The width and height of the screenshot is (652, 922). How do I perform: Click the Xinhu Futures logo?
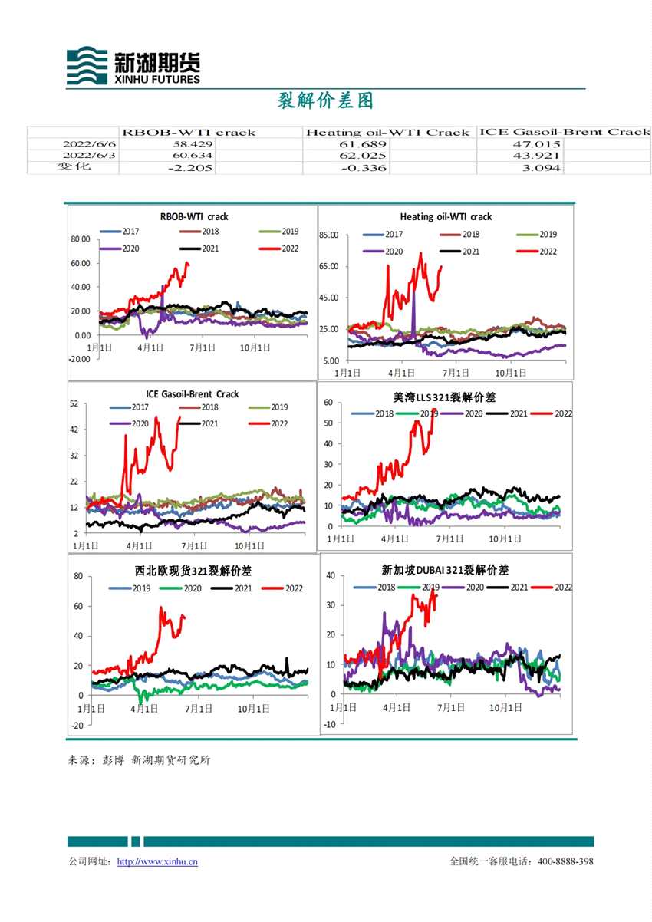coord(133,65)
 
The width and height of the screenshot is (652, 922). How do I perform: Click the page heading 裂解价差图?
coord(325,100)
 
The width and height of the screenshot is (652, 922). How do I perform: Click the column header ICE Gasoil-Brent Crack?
coord(565,132)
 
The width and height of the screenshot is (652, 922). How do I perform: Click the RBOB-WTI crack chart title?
coord(194,216)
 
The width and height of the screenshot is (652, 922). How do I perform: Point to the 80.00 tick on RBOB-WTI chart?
coord(81,239)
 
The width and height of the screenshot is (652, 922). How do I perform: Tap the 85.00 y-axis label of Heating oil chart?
coord(328,234)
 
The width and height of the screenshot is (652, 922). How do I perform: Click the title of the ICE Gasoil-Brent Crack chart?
coord(192,393)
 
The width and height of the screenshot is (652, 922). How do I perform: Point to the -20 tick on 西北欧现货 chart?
coord(77,725)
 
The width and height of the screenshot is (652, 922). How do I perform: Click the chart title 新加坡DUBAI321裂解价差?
coord(445,570)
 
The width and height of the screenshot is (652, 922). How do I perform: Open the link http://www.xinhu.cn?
coord(157,861)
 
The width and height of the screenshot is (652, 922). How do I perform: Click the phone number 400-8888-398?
coord(565,861)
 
